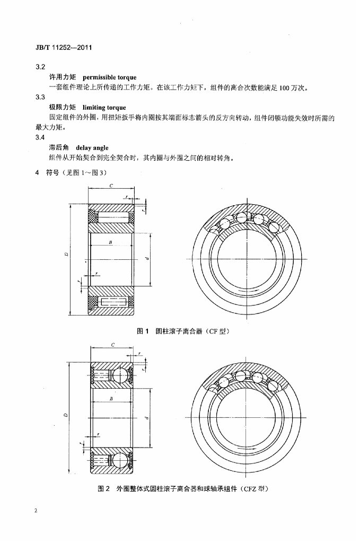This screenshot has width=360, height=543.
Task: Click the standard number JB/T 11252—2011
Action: coord(64,47)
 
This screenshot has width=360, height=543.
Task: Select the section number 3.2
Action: coord(40,67)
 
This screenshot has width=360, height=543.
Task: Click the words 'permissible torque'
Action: coord(109,77)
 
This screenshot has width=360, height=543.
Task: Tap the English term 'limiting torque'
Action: coord(104,107)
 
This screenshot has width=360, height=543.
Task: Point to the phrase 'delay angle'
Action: coord(92,148)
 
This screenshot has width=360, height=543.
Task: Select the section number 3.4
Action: coord(40,137)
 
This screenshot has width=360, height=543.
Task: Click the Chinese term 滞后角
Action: coord(59,147)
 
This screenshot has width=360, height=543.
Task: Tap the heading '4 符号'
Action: coord(47,172)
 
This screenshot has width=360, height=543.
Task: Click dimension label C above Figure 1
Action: coord(111,186)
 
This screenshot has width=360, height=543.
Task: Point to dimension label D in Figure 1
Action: coord(67,255)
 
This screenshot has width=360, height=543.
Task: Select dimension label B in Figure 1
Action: coord(110,242)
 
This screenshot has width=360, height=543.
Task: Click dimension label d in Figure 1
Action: coord(146,258)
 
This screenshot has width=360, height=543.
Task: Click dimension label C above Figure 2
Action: coord(113,345)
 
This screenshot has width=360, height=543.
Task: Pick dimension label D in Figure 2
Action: coord(66,415)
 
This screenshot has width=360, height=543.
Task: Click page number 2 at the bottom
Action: coord(36,511)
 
